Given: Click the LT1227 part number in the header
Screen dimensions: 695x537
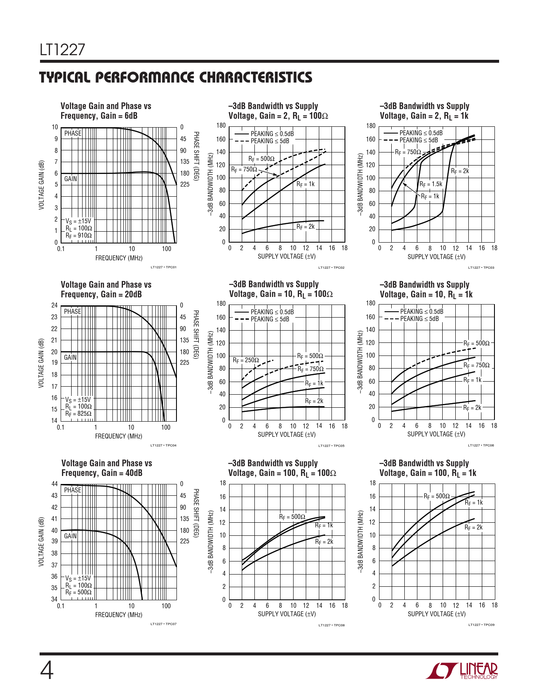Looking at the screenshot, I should pos(62,50).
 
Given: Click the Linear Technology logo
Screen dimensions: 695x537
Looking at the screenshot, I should pos(462,671).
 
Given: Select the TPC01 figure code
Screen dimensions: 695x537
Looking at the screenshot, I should pos(163,267).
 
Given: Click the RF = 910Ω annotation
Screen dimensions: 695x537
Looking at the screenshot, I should pos(78,235).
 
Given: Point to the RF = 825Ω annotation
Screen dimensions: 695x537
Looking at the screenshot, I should pos(78,414).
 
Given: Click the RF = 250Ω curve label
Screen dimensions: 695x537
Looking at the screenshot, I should pos(246,360).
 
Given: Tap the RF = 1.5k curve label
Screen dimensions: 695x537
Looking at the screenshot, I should pos(430,184).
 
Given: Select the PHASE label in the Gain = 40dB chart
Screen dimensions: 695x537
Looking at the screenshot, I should pos(72,490).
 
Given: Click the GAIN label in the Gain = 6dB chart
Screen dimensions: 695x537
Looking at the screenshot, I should pos(70,179).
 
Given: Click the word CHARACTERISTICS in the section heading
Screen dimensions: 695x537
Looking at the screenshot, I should pos(255,78).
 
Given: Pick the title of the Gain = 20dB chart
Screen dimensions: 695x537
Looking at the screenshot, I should pos(106,289).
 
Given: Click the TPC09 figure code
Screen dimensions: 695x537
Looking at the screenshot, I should pos(481,625).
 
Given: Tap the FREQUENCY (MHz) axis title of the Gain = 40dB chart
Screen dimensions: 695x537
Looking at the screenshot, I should pos(118,615).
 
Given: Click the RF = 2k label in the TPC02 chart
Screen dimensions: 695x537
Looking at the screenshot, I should pos(305,227).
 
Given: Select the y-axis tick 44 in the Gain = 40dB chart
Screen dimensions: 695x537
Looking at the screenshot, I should pos(54,484).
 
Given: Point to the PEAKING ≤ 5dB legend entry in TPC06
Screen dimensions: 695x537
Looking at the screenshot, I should pos(419,319).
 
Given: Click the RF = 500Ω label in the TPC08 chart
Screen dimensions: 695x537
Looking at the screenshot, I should pos(292,517).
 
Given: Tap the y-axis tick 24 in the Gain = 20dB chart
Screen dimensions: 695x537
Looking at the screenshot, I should pos(54,305).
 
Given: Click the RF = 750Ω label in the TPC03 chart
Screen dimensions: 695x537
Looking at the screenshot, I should pos(408,152).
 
